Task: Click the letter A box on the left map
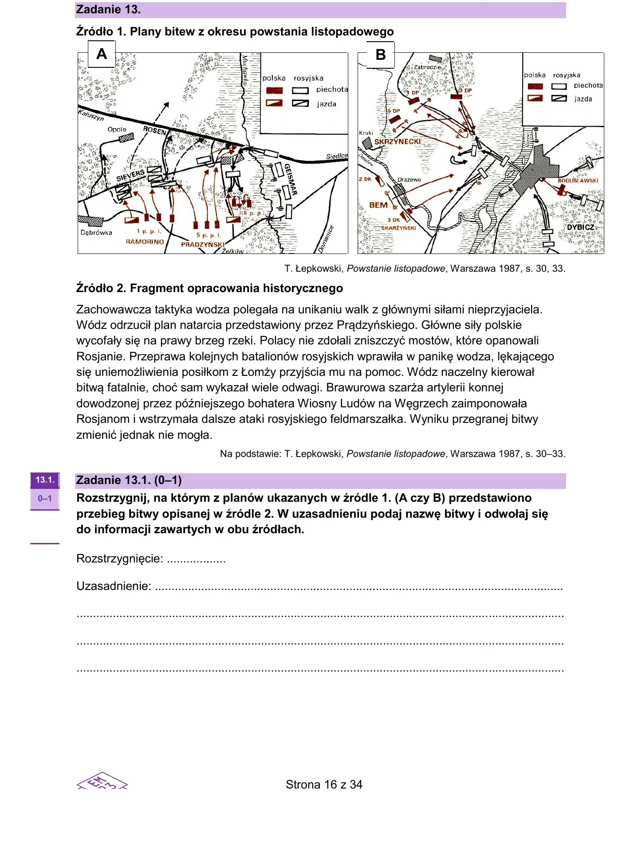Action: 102,54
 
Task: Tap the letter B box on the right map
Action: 380,55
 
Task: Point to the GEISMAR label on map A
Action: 290,180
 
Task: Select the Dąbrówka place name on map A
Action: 96,233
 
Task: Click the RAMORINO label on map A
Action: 145,242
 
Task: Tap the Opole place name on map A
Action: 117,129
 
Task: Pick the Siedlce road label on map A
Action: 337,156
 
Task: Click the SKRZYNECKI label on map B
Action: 398,142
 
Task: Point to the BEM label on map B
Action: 378,205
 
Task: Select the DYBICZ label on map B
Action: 581,227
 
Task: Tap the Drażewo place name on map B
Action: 409,180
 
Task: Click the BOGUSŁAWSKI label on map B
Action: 578,181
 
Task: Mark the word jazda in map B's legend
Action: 583,99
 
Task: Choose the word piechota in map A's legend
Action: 332,90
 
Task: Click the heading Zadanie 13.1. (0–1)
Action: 129,480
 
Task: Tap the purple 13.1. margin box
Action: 45,480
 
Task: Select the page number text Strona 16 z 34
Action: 324,785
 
